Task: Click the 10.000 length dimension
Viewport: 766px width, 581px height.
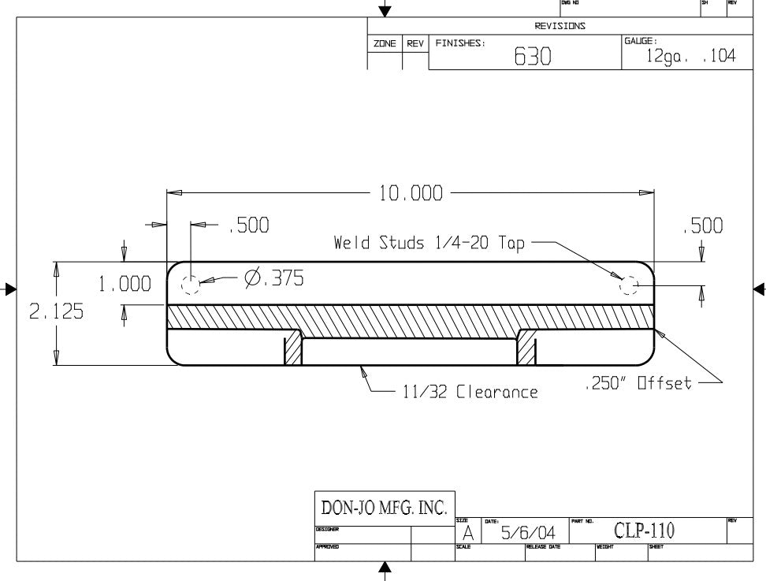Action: click(411, 193)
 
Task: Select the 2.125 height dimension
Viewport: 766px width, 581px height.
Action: click(56, 312)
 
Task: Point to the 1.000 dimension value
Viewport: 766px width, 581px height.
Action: click(124, 285)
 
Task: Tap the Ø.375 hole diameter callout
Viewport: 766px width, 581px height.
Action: click(273, 278)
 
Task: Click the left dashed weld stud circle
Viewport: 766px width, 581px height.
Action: click(190, 285)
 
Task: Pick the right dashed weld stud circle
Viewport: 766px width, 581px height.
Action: click(629, 285)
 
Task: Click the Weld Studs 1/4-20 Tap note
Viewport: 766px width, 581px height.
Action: click(429, 244)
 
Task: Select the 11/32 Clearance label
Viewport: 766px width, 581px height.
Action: click(470, 392)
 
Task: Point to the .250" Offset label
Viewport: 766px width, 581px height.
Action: click(639, 384)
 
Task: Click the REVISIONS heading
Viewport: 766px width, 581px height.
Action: click(560, 26)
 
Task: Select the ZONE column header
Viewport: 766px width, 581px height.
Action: click(385, 44)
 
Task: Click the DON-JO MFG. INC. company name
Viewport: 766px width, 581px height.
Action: click(385, 506)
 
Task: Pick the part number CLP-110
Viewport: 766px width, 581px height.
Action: click(644, 531)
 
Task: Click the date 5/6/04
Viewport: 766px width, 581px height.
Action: click(528, 534)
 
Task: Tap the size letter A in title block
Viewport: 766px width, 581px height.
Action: click(467, 534)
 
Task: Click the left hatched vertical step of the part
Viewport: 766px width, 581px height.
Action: click(293, 348)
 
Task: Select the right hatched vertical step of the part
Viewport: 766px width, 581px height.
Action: click(526, 348)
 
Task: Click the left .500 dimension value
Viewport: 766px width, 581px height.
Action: click(249, 226)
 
